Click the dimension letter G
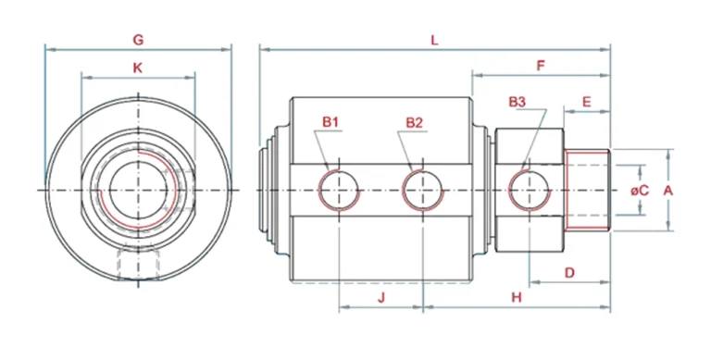[x=138, y=40]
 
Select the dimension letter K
[x=137, y=68]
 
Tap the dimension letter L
[x=434, y=41]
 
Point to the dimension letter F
[x=541, y=66]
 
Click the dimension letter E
[x=587, y=102]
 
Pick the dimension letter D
[x=569, y=272]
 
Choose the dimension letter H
[x=517, y=297]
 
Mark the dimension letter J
[x=381, y=297]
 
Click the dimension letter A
[x=667, y=191]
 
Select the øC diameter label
[x=640, y=191]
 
